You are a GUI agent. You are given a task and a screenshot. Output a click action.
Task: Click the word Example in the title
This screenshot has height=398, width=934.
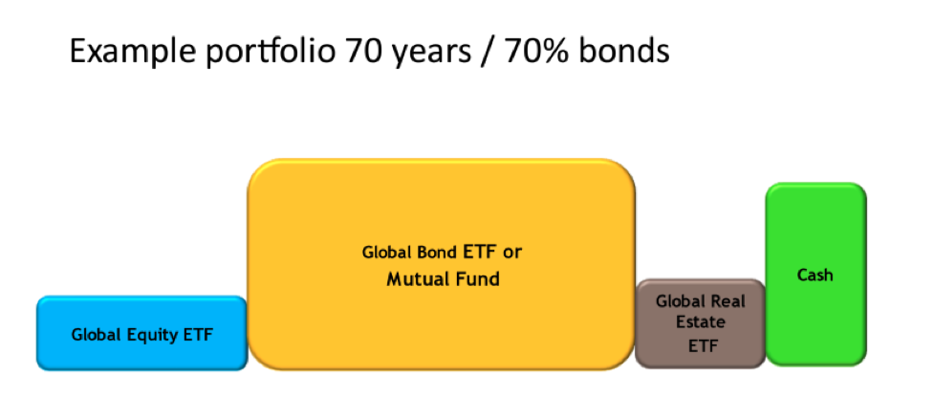(132, 52)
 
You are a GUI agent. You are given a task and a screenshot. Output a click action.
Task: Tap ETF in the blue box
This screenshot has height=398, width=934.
(197, 334)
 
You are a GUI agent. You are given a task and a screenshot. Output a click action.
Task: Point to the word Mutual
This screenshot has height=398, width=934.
(416, 278)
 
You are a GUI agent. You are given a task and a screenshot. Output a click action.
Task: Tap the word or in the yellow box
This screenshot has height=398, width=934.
(512, 254)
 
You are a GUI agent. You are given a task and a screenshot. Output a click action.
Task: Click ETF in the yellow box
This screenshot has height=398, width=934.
(481, 252)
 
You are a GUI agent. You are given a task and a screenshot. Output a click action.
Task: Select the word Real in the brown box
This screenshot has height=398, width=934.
(728, 300)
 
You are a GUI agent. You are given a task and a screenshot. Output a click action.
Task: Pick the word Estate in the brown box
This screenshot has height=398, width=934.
(701, 321)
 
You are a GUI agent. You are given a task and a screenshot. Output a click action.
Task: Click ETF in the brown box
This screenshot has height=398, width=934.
(703, 346)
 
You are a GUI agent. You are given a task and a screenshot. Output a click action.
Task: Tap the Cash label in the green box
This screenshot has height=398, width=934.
(815, 276)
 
